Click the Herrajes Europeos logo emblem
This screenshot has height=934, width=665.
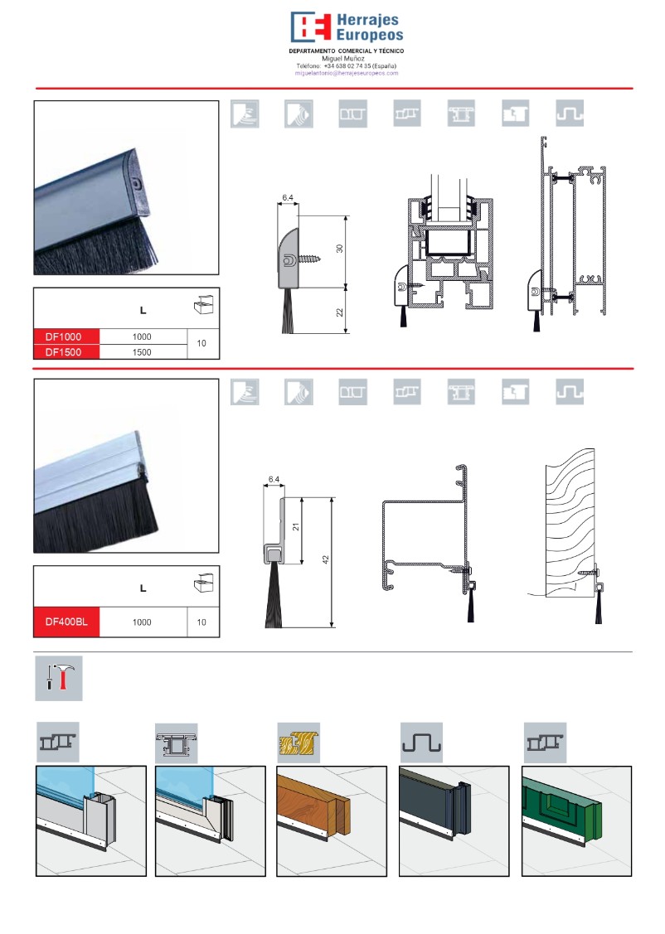[x=310, y=27]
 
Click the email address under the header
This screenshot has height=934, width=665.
[x=347, y=73]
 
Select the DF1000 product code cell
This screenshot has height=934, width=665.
[x=66, y=336]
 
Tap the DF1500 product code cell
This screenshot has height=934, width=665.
[x=66, y=352]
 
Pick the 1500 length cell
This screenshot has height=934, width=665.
[x=142, y=352]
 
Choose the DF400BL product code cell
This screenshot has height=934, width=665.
[x=66, y=622]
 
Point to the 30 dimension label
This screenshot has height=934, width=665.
[x=340, y=249]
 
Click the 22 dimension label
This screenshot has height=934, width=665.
[x=340, y=312]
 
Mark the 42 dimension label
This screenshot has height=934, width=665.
[x=325, y=560]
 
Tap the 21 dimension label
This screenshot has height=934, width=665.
[x=295, y=526]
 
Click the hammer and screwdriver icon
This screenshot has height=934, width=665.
[x=59, y=679]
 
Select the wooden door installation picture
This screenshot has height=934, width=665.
[x=332, y=820]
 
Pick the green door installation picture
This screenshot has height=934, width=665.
[x=576, y=820]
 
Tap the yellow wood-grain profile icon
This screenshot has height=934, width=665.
[x=299, y=743]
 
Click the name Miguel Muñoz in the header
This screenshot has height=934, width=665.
[x=343, y=58]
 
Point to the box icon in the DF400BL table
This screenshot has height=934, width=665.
[x=203, y=583]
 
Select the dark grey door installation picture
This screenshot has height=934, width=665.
[x=454, y=820]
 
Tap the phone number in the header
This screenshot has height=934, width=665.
[x=347, y=66]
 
